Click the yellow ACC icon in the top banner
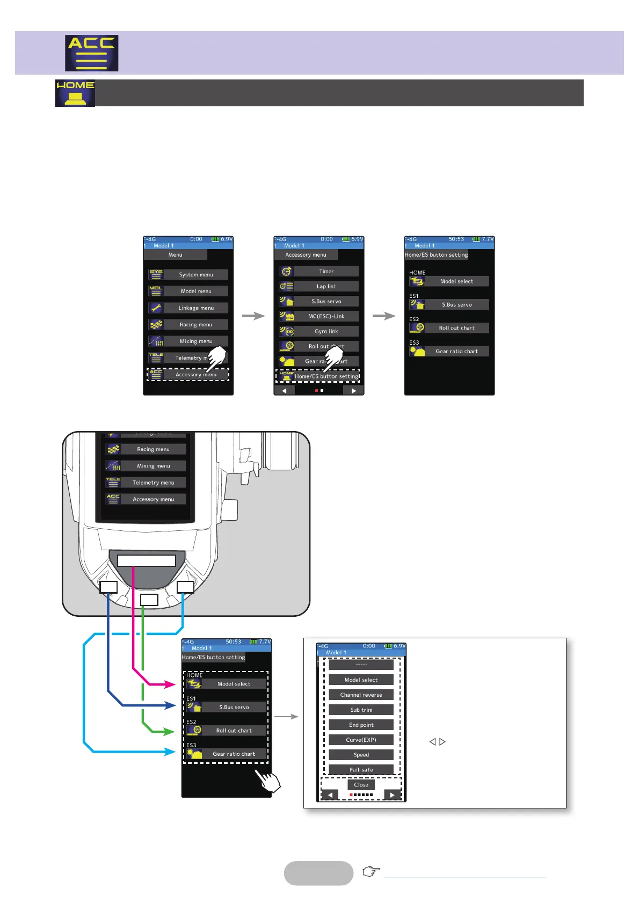[x=91, y=53]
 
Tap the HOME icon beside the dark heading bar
[x=75, y=93]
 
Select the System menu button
[x=195, y=274]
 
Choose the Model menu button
[x=195, y=291]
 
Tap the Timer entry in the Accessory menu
[x=326, y=271]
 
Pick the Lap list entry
[x=326, y=286]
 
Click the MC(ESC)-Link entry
[x=326, y=316]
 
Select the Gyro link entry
[x=326, y=331]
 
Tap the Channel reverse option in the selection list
[x=361, y=695]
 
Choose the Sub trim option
[x=361, y=710]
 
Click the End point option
[x=361, y=725]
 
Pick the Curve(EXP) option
[x=361, y=740]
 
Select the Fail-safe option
[x=361, y=770]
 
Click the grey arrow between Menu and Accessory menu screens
[x=253, y=316]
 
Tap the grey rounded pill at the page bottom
[x=318, y=873]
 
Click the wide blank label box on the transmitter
[x=147, y=560]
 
